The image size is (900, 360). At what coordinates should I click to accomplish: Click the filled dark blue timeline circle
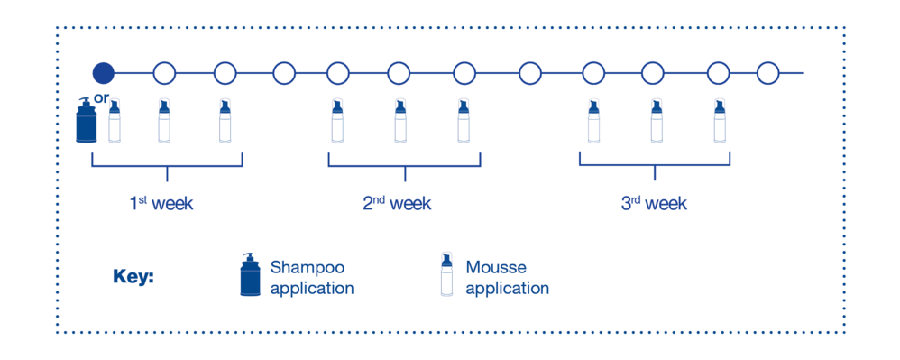[104, 73]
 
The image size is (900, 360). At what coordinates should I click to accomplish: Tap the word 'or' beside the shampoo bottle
[101, 98]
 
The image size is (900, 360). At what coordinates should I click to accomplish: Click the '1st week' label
[161, 204]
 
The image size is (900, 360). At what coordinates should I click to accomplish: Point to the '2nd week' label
[397, 204]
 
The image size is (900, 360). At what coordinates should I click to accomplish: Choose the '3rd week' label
[654, 204]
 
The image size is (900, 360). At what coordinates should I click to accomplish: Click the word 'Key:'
[133, 277]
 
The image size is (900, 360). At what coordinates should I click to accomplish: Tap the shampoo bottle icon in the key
[250, 274]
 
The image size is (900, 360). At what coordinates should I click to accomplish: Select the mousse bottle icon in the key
[446, 274]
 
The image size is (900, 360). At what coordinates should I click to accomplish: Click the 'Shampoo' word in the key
[307, 268]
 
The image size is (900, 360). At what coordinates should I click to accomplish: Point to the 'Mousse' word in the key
[496, 268]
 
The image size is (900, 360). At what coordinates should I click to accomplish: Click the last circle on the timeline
[767, 73]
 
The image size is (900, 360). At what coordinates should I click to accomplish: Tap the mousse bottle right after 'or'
[115, 121]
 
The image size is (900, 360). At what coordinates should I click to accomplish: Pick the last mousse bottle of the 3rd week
[720, 121]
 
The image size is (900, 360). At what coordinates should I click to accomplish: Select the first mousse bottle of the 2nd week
[337, 121]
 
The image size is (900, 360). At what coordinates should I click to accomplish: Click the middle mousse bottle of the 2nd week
[400, 121]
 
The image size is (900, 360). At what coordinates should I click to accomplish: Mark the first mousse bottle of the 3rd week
[593, 121]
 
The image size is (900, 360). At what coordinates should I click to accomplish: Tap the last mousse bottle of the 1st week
[225, 121]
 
